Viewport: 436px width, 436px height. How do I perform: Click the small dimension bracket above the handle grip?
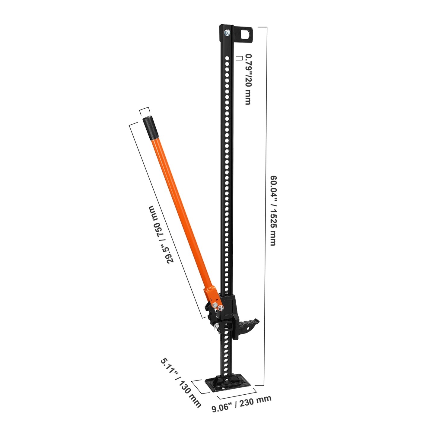pos(144,111)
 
